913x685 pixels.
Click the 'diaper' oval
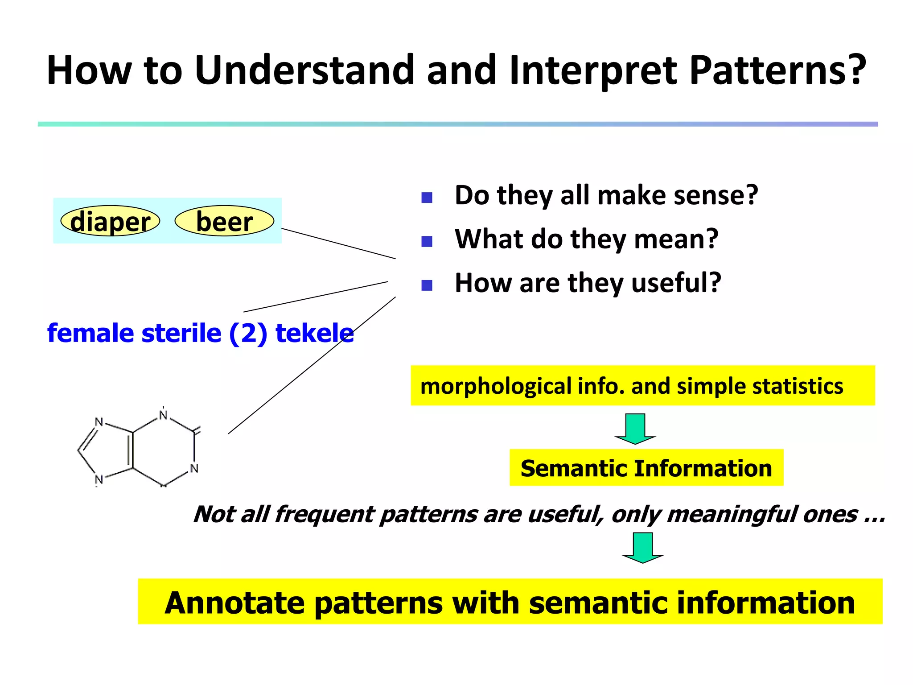coord(110,221)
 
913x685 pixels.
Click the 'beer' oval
coord(224,221)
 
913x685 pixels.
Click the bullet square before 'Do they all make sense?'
coord(427,198)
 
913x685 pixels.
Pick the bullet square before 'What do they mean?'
coord(427,241)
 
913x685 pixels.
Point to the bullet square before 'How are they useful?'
coord(427,285)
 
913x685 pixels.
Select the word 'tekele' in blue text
coord(314,333)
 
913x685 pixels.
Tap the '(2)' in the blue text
coord(248,333)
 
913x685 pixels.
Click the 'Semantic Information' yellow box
coord(646,468)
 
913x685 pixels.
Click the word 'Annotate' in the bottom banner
coord(234,602)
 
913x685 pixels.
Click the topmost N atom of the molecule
coord(163,415)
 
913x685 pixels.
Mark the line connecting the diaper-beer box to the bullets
coord(339,243)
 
